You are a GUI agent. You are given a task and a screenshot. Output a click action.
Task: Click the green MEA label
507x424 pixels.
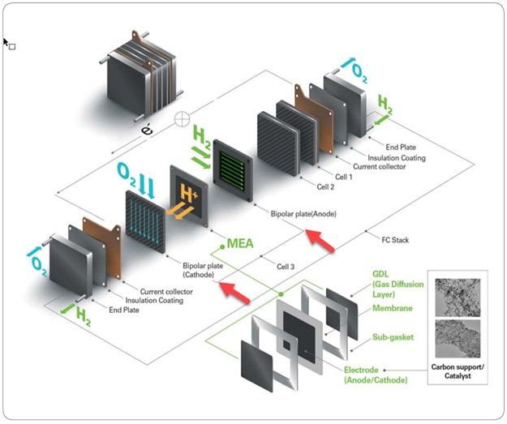click(x=243, y=242)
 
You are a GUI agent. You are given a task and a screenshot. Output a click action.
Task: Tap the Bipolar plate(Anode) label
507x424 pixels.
click(x=302, y=213)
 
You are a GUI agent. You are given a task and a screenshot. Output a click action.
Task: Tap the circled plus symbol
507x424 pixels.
click(x=183, y=118)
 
